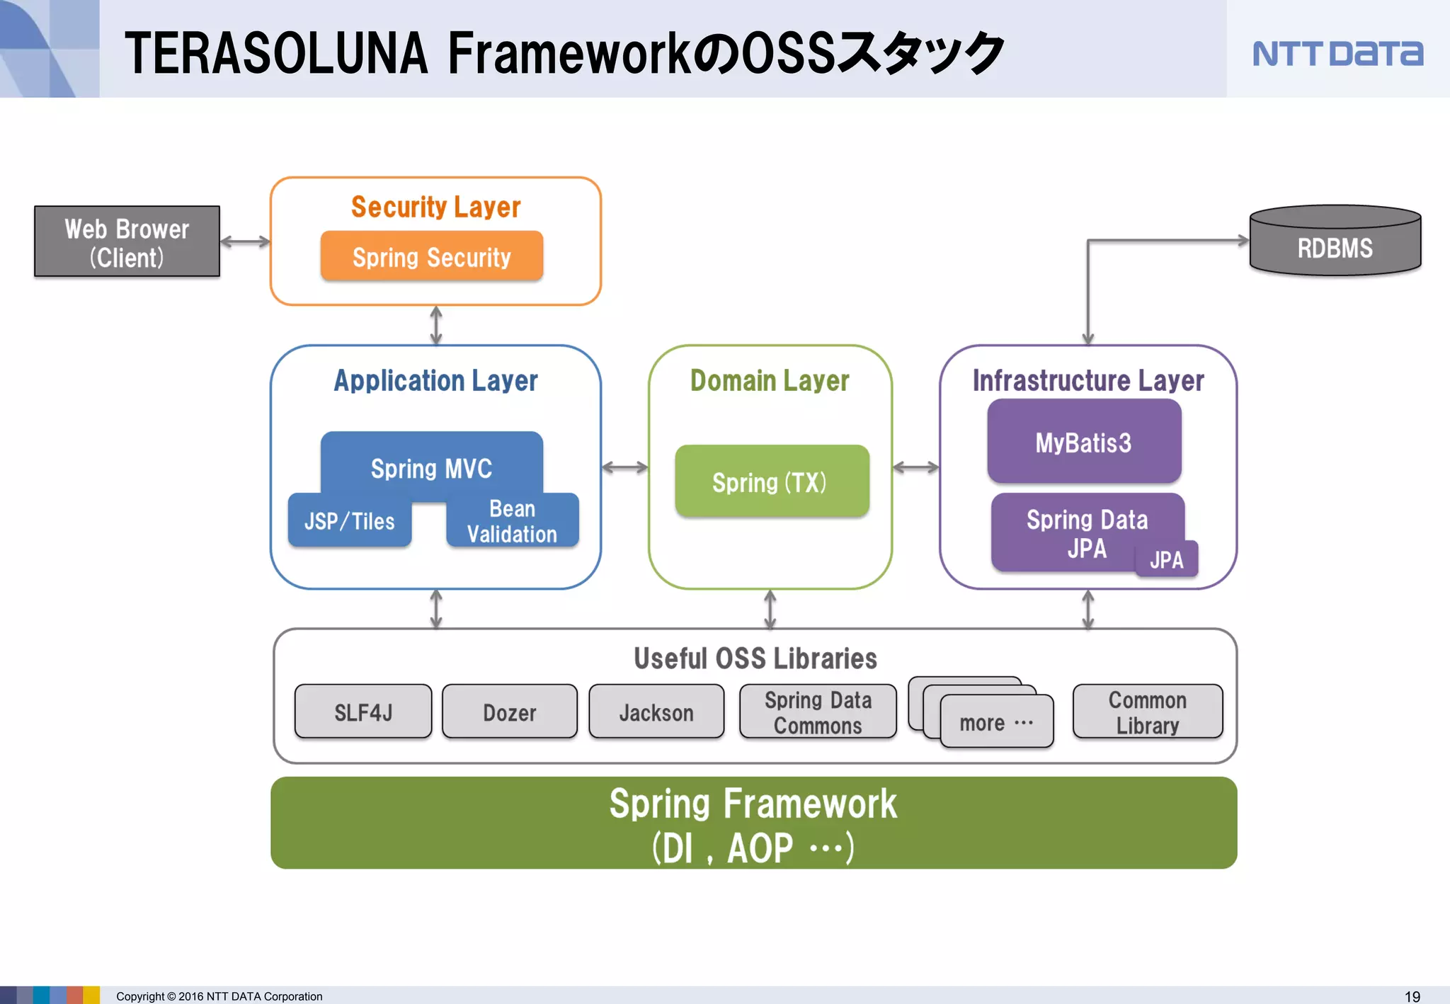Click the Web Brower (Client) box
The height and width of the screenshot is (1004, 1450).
pyautogui.click(x=127, y=241)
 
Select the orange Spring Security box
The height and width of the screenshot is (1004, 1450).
pyautogui.click(x=431, y=256)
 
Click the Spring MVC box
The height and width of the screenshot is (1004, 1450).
pyautogui.click(x=431, y=464)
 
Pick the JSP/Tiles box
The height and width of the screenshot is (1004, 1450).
pyautogui.click(x=349, y=521)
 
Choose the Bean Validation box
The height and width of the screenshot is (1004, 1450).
pyautogui.click(x=512, y=521)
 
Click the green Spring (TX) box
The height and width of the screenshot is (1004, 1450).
pyautogui.click(x=771, y=481)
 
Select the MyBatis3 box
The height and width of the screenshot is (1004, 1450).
pyautogui.click(x=1083, y=442)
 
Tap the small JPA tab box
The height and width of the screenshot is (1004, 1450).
pyautogui.click(x=1166, y=560)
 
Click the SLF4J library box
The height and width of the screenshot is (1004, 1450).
pyautogui.click(x=362, y=712)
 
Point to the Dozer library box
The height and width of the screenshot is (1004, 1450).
pyautogui.click(x=509, y=712)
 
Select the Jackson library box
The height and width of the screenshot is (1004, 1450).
pyautogui.click(x=656, y=712)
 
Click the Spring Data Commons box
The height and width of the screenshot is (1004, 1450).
pyautogui.click(x=817, y=712)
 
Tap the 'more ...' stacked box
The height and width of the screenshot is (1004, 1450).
pyautogui.click(x=996, y=722)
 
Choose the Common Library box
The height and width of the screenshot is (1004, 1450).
pyautogui.click(x=1147, y=712)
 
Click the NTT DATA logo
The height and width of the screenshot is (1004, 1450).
pyautogui.click(x=1337, y=54)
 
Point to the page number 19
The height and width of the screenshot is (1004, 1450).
pyautogui.click(x=1412, y=996)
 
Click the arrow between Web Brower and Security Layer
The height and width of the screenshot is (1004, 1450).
pyautogui.click(x=245, y=241)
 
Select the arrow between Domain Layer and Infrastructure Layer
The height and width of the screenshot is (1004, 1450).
pyautogui.click(x=915, y=467)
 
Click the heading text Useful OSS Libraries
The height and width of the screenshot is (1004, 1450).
pyautogui.click(x=755, y=658)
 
